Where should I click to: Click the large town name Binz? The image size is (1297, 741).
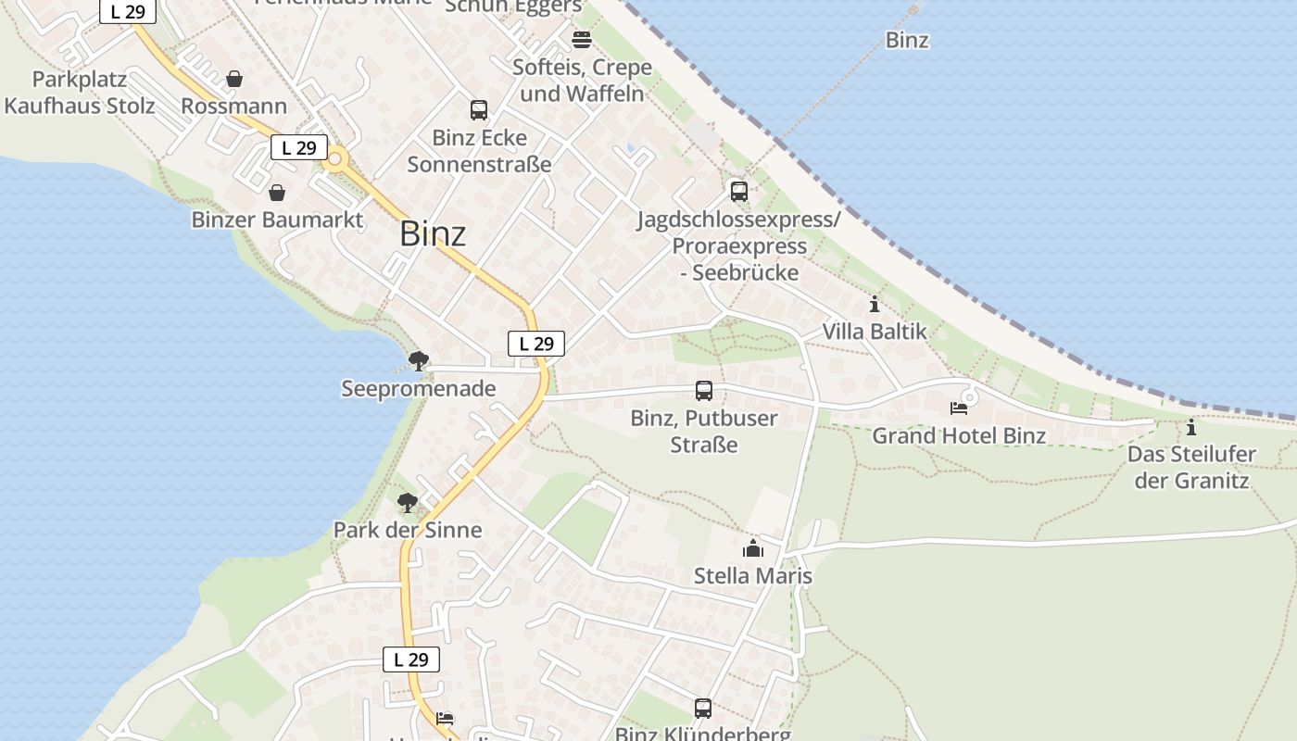click(433, 234)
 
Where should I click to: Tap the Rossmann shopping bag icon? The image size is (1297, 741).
click(234, 80)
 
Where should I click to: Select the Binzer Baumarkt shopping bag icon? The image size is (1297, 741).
click(276, 193)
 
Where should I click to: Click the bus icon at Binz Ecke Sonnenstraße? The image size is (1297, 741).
click(479, 110)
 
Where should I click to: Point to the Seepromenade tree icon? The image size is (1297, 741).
click(419, 360)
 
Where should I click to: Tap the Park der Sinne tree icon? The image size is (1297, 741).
click(407, 503)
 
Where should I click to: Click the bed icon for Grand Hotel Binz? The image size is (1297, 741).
click(959, 408)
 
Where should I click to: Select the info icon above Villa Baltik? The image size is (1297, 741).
click(875, 304)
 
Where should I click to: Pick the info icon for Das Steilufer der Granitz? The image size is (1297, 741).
click(1191, 428)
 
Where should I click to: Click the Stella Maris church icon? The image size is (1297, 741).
click(753, 549)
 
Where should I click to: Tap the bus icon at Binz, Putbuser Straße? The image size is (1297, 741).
click(704, 391)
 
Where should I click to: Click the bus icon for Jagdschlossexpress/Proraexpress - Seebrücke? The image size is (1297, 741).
click(738, 192)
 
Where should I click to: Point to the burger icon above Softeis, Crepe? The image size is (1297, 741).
click(582, 40)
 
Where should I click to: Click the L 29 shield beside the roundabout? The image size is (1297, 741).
click(299, 147)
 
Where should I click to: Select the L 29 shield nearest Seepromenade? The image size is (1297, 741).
click(536, 344)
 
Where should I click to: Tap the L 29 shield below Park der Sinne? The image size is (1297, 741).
click(410, 659)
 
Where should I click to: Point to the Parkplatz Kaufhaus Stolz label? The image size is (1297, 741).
click(80, 92)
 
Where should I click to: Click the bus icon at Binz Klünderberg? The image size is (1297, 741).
click(703, 709)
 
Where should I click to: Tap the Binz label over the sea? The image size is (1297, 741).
click(907, 40)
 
